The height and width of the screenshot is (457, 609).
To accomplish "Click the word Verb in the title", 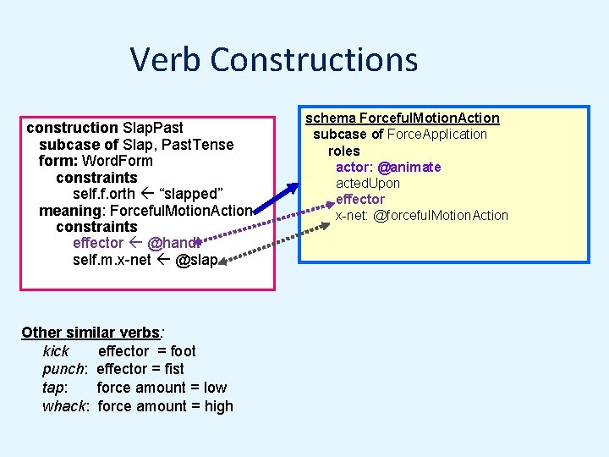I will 166,60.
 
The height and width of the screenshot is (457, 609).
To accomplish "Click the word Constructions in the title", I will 314,60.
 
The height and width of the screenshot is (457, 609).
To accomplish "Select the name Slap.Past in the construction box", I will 152,128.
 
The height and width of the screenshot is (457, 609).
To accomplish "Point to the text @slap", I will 196,260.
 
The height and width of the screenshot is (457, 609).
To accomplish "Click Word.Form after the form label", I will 118,161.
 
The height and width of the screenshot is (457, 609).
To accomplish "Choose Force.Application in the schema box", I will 437,134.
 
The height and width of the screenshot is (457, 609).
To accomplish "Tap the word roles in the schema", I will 344,151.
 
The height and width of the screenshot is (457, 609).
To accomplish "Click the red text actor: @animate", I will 388,167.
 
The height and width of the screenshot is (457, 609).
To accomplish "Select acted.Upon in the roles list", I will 368,183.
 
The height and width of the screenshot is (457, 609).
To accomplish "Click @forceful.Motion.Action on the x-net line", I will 441,215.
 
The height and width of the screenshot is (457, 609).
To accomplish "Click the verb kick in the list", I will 56,350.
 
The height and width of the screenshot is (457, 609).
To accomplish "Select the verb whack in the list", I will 63,406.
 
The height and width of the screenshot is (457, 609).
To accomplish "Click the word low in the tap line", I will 215,388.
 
